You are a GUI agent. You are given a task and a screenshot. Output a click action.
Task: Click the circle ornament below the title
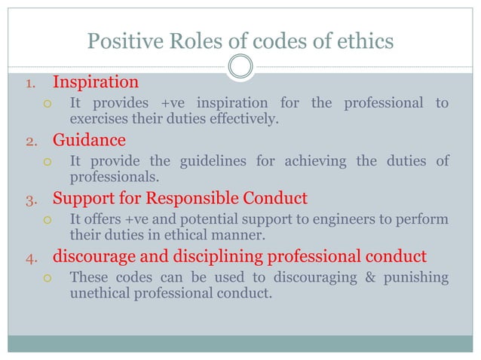click(240, 67)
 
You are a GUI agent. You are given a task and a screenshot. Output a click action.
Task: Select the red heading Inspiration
click(96, 81)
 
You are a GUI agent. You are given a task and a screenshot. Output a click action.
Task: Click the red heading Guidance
click(89, 140)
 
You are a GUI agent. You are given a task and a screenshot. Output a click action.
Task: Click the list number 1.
click(31, 83)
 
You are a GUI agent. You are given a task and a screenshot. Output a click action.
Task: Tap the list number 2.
click(31, 142)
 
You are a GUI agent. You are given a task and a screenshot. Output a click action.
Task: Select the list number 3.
click(31, 200)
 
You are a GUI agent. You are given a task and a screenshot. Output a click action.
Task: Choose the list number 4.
click(31, 259)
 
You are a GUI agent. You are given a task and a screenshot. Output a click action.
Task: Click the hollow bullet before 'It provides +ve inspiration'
click(47, 103)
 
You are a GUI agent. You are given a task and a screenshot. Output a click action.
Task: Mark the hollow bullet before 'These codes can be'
click(47, 279)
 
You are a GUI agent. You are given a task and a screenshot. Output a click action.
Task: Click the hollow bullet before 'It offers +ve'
click(47, 220)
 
